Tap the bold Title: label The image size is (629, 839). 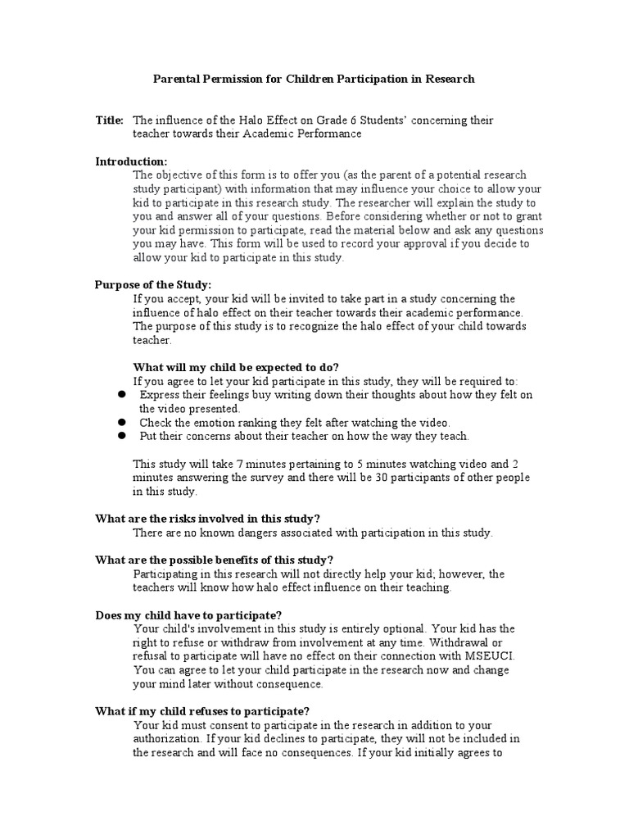(x=110, y=120)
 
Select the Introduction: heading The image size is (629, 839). (x=131, y=161)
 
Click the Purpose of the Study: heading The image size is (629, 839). (x=153, y=284)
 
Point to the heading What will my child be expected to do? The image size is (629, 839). (x=236, y=366)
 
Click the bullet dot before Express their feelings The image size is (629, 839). (x=120, y=394)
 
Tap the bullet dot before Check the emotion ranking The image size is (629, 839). (x=120, y=422)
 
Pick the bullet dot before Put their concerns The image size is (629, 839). (x=120, y=436)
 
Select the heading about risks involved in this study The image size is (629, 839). (x=207, y=518)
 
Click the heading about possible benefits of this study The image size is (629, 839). (x=215, y=560)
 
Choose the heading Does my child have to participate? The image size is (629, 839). (x=189, y=615)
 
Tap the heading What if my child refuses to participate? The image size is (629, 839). (x=202, y=711)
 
